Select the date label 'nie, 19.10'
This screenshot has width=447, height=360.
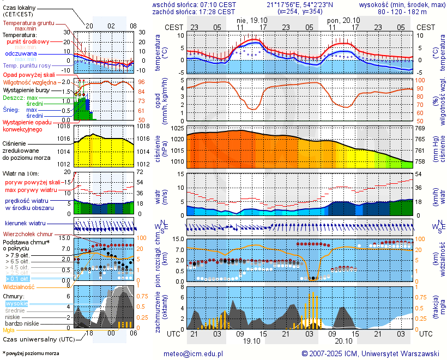(x=251, y=19)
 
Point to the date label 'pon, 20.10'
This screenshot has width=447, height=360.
(x=342, y=19)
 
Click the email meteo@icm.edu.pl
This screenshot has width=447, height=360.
(x=194, y=353)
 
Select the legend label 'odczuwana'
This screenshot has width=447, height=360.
(x=21, y=54)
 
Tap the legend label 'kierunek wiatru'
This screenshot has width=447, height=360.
(x=25, y=224)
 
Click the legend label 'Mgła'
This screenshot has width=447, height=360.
(x=9, y=330)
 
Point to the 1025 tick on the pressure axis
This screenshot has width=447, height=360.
(x=176, y=128)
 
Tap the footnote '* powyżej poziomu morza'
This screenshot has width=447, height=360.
(x=31, y=353)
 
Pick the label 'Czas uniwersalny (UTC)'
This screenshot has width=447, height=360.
(x=36, y=339)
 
